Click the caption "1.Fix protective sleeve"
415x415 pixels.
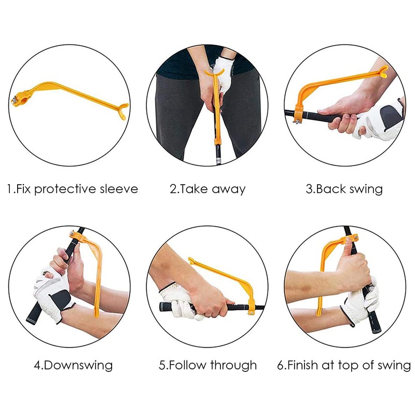[72, 188]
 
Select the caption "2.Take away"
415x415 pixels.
[208, 188]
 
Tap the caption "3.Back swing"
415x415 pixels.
[344, 188]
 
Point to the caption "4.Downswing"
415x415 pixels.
[73, 365]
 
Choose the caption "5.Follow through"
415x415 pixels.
[208, 365]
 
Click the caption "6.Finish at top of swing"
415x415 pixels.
[344, 365]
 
